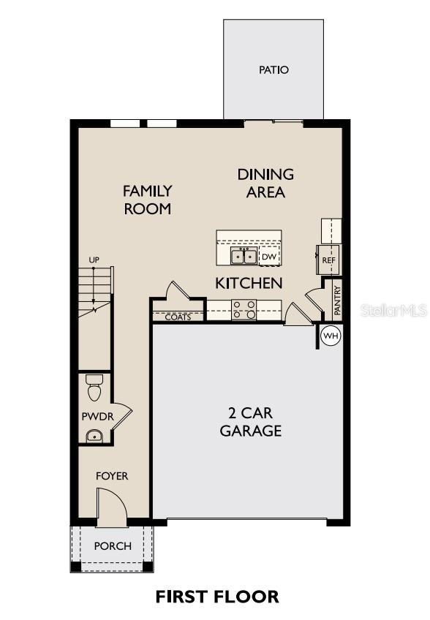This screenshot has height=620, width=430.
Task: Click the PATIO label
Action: (274, 70)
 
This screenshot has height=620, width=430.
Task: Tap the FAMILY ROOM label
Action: (147, 200)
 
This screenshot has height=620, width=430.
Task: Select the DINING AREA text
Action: (265, 184)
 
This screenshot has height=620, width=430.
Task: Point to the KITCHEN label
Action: (249, 282)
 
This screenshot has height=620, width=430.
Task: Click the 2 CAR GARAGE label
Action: (251, 422)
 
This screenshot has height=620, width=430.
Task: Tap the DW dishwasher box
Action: (269, 257)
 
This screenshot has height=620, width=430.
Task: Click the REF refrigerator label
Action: (328, 260)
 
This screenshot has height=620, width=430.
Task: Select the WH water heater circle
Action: (331, 336)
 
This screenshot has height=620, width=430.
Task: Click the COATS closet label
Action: (178, 317)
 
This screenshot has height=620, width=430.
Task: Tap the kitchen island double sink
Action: (244, 256)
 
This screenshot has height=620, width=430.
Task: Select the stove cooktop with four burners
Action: (244, 310)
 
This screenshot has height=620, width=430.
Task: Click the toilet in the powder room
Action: (94, 388)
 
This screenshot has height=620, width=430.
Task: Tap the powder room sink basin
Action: (94, 436)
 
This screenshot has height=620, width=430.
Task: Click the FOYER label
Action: (112, 476)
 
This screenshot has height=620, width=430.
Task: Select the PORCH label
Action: (113, 546)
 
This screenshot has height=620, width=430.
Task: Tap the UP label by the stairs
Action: (94, 260)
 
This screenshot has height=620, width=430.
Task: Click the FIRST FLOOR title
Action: (217, 596)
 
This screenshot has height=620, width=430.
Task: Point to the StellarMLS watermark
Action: (394, 311)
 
